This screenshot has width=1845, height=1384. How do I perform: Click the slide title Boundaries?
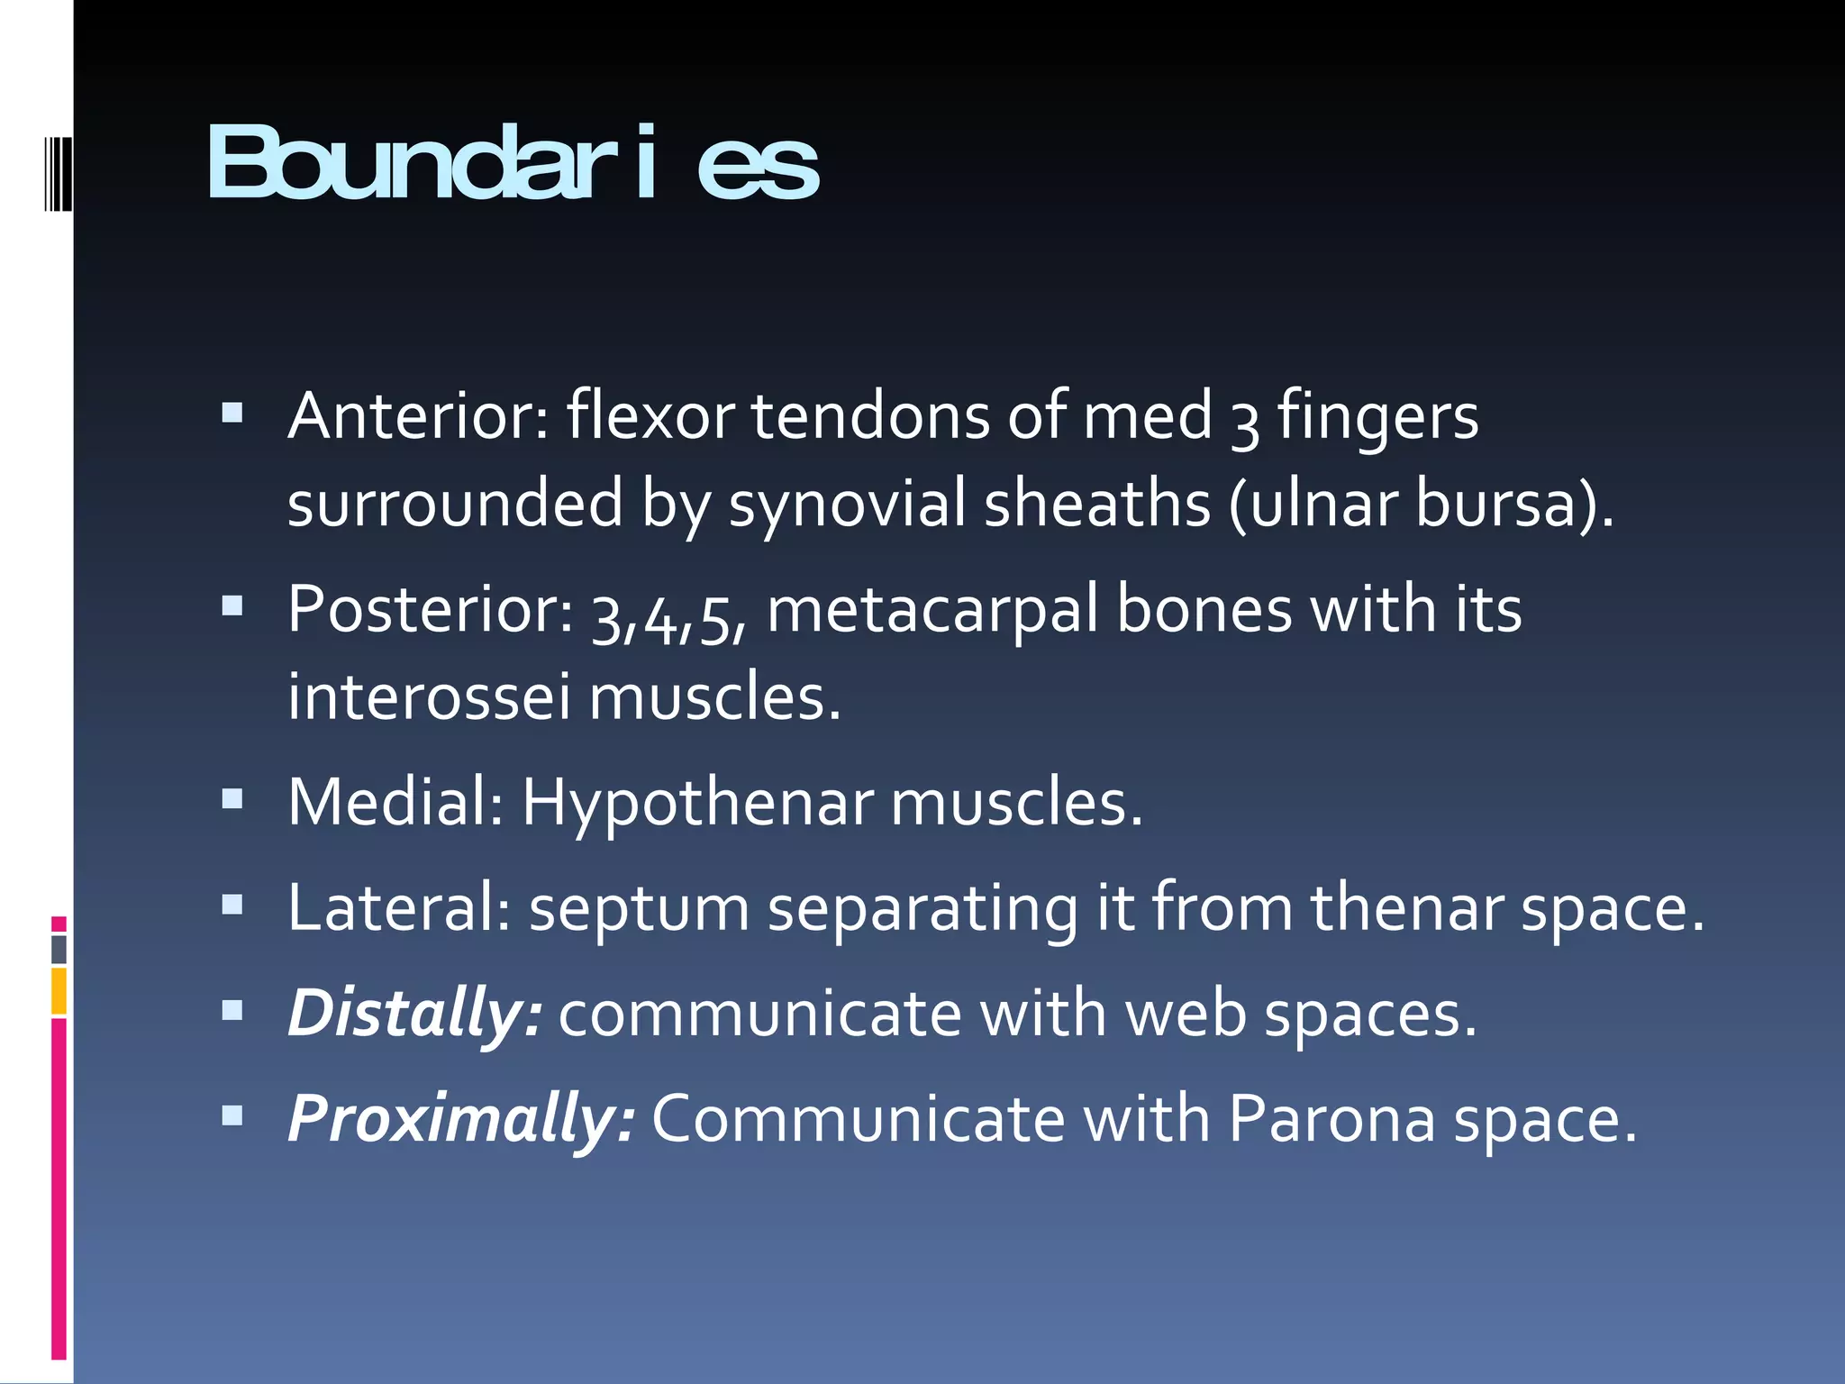(513, 163)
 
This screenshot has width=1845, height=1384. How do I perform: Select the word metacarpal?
(932, 610)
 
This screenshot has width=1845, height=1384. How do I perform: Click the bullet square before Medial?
(232, 799)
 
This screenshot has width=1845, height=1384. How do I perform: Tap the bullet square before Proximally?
(232, 1116)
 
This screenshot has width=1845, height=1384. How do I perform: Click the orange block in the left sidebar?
(59, 990)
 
